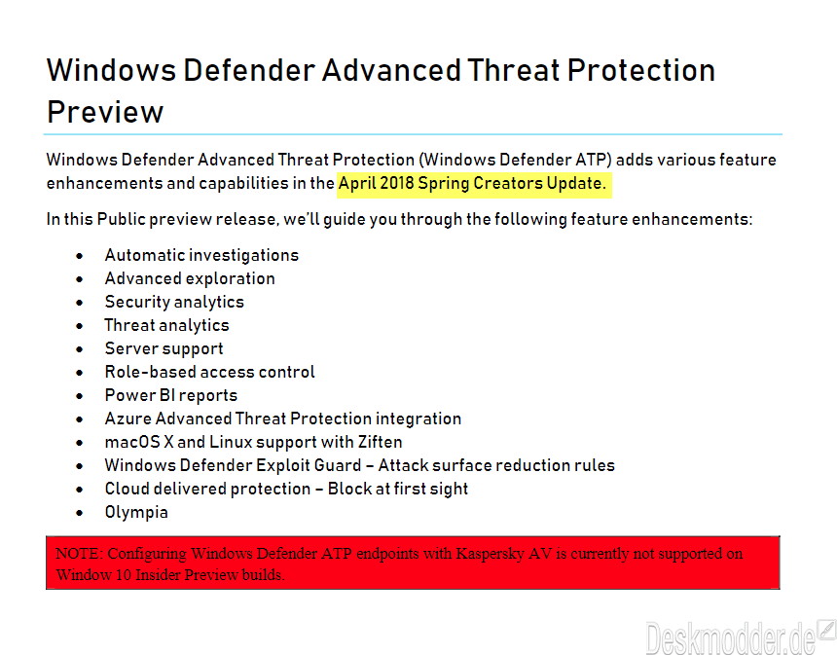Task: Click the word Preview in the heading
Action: click(x=105, y=112)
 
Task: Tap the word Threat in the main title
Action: click(x=514, y=70)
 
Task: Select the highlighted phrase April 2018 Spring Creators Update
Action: click(x=472, y=183)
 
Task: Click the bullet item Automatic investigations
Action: click(x=201, y=255)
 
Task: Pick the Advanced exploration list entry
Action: click(x=190, y=278)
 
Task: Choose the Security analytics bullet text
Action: click(x=174, y=302)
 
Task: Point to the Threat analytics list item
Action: click(x=166, y=325)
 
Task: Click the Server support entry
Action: click(x=164, y=348)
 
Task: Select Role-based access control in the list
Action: click(x=210, y=372)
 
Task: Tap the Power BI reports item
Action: click(x=171, y=395)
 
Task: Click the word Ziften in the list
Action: click(x=381, y=442)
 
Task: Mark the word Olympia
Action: click(x=136, y=512)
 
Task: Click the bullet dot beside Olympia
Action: click(x=80, y=513)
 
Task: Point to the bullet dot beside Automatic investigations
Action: click(x=80, y=256)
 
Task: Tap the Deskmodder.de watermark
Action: click(x=740, y=637)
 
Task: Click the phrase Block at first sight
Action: click(x=398, y=489)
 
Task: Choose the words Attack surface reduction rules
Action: click(x=496, y=465)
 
